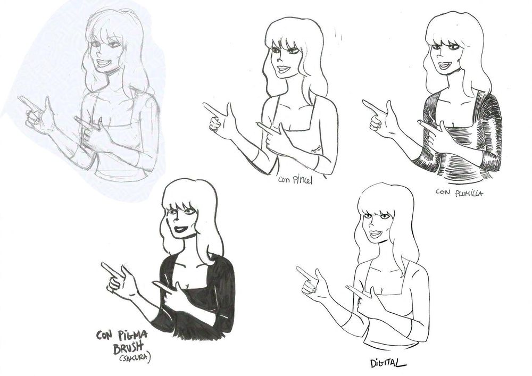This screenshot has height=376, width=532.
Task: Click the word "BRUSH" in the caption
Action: point(128,347)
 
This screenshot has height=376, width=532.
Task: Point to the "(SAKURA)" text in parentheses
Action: point(135,358)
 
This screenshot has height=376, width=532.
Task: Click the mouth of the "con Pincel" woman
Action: point(284,69)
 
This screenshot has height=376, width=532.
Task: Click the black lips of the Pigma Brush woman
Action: point(181,229)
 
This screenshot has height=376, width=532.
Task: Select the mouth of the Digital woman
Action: point(376,234)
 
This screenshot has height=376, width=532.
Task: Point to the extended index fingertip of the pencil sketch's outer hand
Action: point(20,98)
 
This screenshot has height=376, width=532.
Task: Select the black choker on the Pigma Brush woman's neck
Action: point(192,235)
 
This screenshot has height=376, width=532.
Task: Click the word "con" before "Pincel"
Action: point(284,179)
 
